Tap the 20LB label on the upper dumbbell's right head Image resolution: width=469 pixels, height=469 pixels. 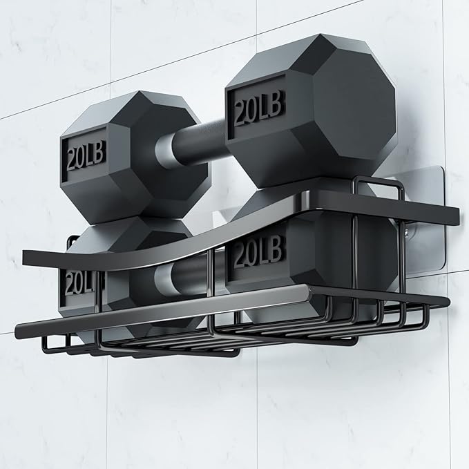pos(258,107)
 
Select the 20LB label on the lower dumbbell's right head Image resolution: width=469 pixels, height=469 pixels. pos(258,250)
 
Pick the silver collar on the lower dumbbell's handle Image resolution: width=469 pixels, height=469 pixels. pos(163,278)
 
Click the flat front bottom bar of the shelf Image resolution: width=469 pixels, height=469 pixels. pos(162,311)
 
